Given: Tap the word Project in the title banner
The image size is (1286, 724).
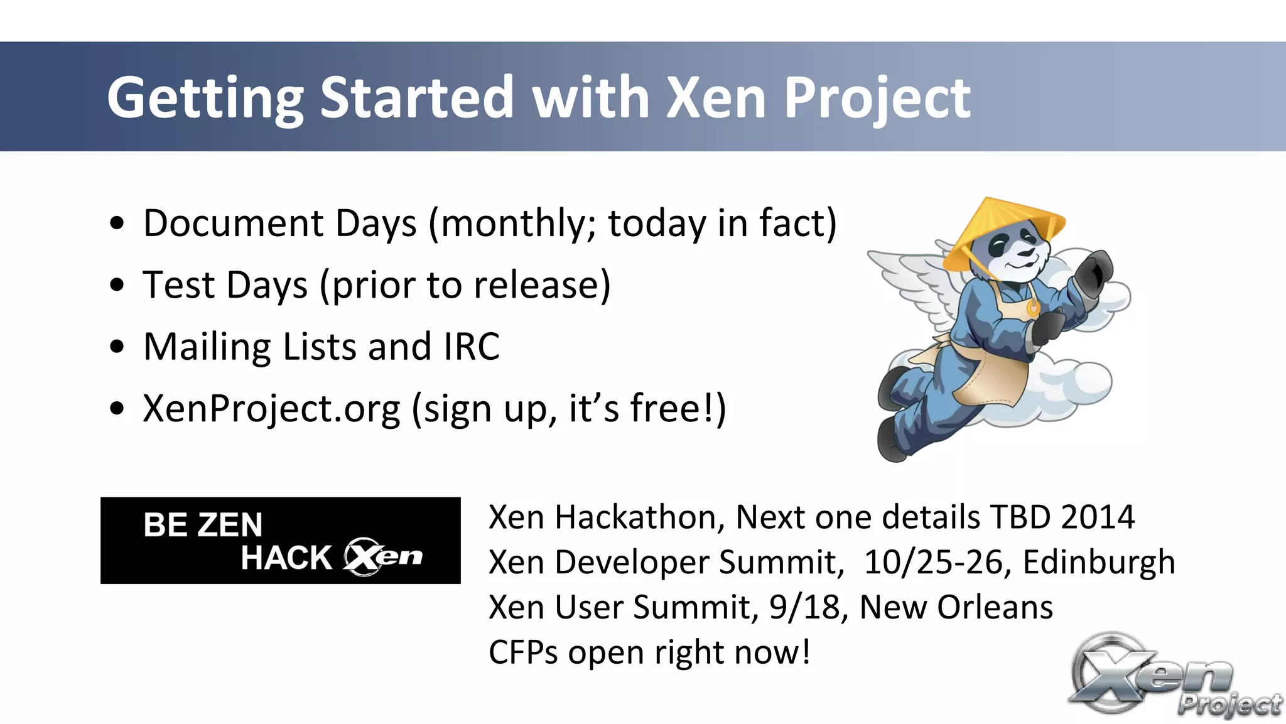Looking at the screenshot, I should tap(877, 99).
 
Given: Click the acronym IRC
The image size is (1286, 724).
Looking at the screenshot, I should tap(472, 347).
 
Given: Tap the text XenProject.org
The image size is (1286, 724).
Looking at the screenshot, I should tap(271, 409).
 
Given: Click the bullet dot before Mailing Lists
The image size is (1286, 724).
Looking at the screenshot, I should tap(117, 347).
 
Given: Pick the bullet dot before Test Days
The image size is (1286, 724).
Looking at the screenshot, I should tap(117, 286).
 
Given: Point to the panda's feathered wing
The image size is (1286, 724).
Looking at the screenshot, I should tap(910, 276).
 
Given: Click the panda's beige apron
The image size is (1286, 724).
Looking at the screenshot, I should tap(992, 377).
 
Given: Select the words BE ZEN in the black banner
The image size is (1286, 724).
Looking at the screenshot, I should tap(202, 525).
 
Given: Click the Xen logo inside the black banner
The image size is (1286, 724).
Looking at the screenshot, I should tap(383, 557).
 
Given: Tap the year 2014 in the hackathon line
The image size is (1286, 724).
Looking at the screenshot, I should tap(1097, 517).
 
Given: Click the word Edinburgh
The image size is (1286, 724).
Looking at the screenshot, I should tap(1098, 562).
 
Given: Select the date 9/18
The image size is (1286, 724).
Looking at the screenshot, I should tap(805, 607).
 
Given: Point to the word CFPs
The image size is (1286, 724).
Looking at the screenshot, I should tap(522, 652).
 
